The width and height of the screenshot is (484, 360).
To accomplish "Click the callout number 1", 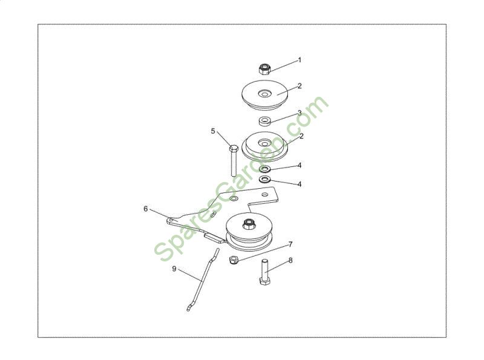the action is pyautogui.click(x=299, y=61).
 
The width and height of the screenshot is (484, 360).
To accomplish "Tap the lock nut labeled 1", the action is pyautogui.click(x=264, y=69).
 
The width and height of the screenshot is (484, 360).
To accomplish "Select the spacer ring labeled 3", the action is pyautogui.click(x=264, y=121).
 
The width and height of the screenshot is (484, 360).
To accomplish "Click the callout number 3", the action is pyautogui.click(x=299, y=113).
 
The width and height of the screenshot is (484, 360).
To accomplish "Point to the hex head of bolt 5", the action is pyautogui.click(x=234, y=148).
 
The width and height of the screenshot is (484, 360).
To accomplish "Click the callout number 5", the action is pyautogui.click(x=213, y=131).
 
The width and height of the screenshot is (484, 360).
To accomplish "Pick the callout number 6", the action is pyautogui.click(x=146, y=209).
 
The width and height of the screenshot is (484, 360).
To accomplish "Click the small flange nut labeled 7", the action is pyautogui.click(x=233, y=260).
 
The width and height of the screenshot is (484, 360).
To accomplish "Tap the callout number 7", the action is pyautogui.click(x=290, y=244).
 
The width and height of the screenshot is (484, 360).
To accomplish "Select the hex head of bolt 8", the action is pyautogui.click(x=264, y=281).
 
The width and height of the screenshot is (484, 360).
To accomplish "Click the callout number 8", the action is pyautogui.click(x=290, y=261).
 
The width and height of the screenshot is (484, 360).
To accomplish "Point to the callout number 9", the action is pyautogui.click(x=174, y=269).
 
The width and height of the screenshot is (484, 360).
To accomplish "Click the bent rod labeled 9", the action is pyautogui.click(x=202, y=280).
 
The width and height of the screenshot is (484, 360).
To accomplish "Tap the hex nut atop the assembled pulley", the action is pyautogui.click(x=248, y=223).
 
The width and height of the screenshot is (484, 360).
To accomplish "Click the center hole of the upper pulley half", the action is pyautogui.click(x=264, y=93).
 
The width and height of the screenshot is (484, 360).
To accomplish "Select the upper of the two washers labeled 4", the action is pyautogui.click(x=264, y=169).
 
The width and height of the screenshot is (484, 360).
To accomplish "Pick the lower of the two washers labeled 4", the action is pyautogui.click(x=264, y=179).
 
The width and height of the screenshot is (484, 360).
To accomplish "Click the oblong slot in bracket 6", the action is pyautogui.click(x=214, y=215).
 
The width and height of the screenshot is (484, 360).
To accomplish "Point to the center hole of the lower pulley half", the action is pyautogui.click(x=264, y=143).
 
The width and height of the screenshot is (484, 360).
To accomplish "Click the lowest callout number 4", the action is pyautogui.click(x=299, y=185).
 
